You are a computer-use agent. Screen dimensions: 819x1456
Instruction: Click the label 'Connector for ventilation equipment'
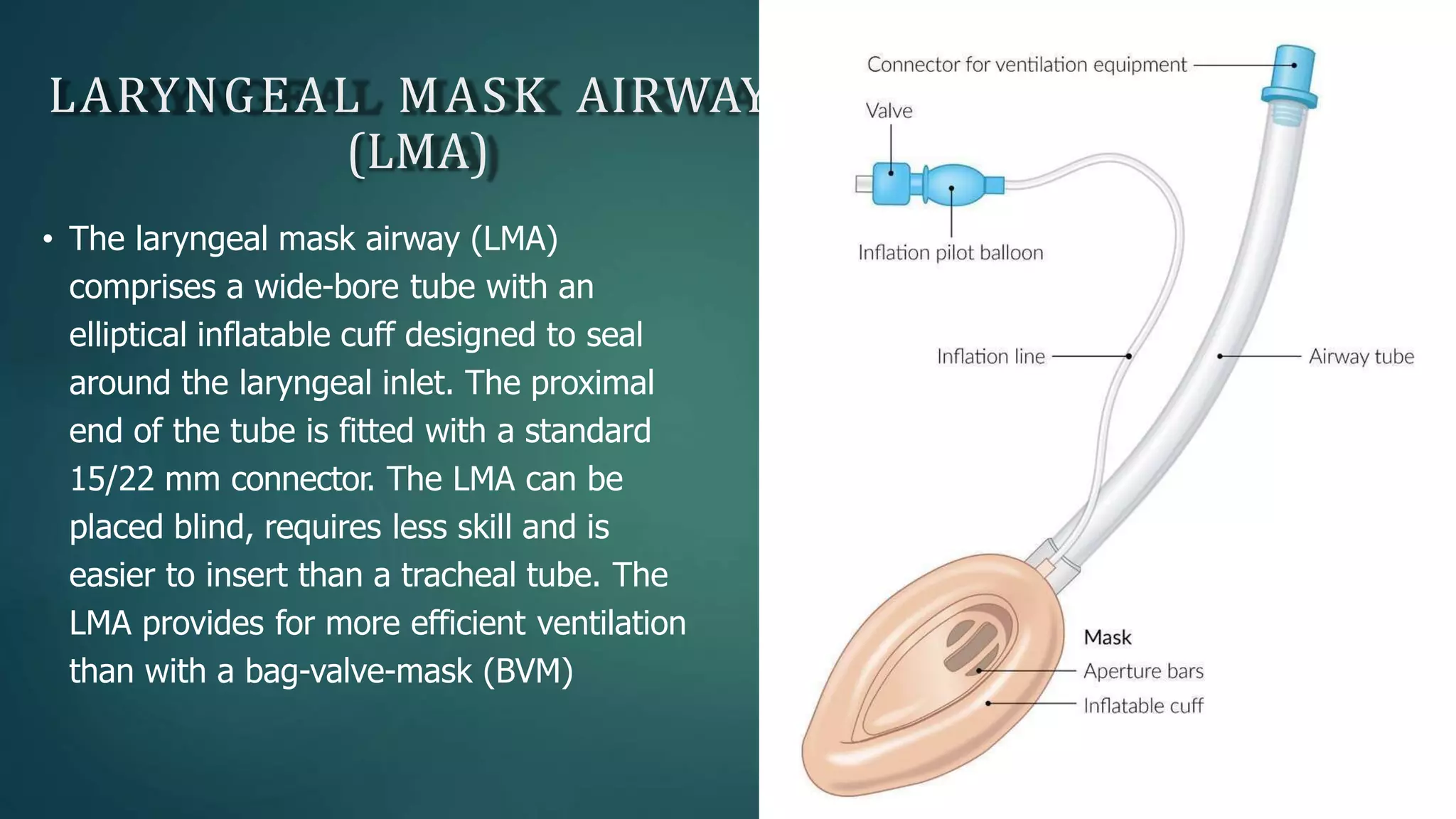point(1026,65)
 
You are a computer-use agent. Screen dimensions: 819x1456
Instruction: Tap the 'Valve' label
point(889,111)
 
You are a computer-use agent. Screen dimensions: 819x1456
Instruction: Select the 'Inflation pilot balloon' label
point(951,253)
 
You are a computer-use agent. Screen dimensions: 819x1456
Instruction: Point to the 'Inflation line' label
point(990,356)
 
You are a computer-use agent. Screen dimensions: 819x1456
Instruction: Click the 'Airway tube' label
point(1361,356)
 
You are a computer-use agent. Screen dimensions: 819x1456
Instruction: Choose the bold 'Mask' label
point(1107,638)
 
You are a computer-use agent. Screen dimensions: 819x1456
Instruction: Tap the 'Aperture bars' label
point(1143,671)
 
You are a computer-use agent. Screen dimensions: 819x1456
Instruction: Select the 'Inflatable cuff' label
point(1143,706)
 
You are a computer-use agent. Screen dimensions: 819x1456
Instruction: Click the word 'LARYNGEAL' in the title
point(206,96)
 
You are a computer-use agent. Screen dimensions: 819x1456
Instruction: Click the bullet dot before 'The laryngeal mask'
point(48,240)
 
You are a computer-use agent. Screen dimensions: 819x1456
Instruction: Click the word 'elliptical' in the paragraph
point(128,335)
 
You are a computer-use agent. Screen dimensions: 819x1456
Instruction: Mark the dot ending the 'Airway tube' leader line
point(1220,356)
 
